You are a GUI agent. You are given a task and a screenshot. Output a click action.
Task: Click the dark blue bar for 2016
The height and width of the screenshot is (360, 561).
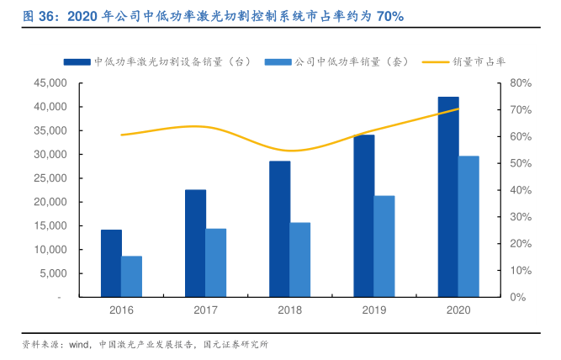(x=111, y=262)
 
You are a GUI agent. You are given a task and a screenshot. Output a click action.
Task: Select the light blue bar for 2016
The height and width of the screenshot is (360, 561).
(x=132, y=276)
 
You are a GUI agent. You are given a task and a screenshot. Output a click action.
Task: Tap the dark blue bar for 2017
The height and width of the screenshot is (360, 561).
(x=195, y=243)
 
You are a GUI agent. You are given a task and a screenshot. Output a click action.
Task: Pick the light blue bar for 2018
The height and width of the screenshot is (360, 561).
(x=300, y=259)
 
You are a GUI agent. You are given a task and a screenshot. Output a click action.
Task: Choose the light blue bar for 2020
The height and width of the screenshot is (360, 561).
(x=468, y=226)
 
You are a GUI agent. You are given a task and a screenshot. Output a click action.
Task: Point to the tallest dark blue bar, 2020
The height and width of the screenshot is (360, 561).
(x=448, y=197)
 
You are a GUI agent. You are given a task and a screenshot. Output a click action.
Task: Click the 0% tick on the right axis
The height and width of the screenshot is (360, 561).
(x=520, y=297)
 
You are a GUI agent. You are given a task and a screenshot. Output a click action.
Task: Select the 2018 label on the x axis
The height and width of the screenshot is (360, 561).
(x=290, y=310)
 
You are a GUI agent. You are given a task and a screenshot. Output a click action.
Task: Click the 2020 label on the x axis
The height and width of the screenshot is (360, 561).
(x=458, y=310)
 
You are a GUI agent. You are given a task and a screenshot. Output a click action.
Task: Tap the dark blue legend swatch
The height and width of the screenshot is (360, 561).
(x=76, y=61)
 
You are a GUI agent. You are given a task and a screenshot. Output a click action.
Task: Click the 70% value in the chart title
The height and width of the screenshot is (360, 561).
(x=386, y=16)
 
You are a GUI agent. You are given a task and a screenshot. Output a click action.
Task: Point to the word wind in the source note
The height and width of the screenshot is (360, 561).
(x=79, y=345)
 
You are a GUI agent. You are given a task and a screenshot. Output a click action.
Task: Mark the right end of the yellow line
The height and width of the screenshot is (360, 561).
(x=458, y=109)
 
